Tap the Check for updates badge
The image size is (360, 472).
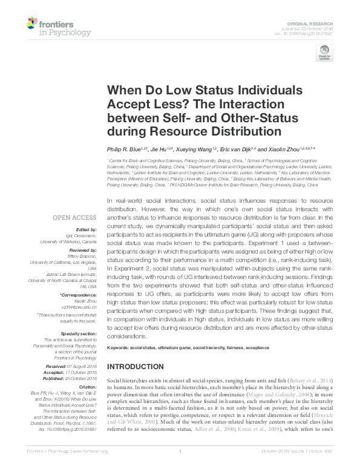pyautogui.click(x=324, y=55)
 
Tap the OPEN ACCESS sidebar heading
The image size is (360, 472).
pyautogui.click(x=74, y=217)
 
